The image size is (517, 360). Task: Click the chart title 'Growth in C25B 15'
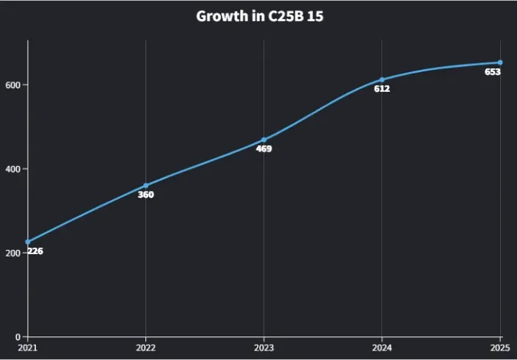pyautogui.click(x=259, y=15)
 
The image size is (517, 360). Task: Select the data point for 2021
pyautogui.click(x=28, y=242)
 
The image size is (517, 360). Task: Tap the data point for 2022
pyautogui.click(x=146, y=186)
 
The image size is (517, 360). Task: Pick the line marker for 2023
pyautogui.click(x=264, y=140)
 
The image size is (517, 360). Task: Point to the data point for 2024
pyautogui.click(x=382, y=79)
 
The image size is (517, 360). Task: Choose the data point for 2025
pyautogui.click(x=500, y=62)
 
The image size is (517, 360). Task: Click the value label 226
pyautogui.click(x=35, y=251)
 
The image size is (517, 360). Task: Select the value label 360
pyautogui.click(x=146, y=195)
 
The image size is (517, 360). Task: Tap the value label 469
pyautogui.click(x=264, y=149)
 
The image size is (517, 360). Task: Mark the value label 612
pyautogui.click(x=382, y=89)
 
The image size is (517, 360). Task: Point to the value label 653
pyautogui.click(x=493, y=72)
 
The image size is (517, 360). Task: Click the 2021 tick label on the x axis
pyautogui.click(x=28, y=348)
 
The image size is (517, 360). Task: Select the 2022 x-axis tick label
pyautogui.click(x=146, y=348)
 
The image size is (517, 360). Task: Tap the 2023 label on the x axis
pyautogui.click(x=264, y=348)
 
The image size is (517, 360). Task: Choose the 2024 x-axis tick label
pyautogui.click(x=382, y=348)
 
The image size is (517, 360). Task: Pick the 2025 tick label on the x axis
pyautogui.click(x=500, y=348)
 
